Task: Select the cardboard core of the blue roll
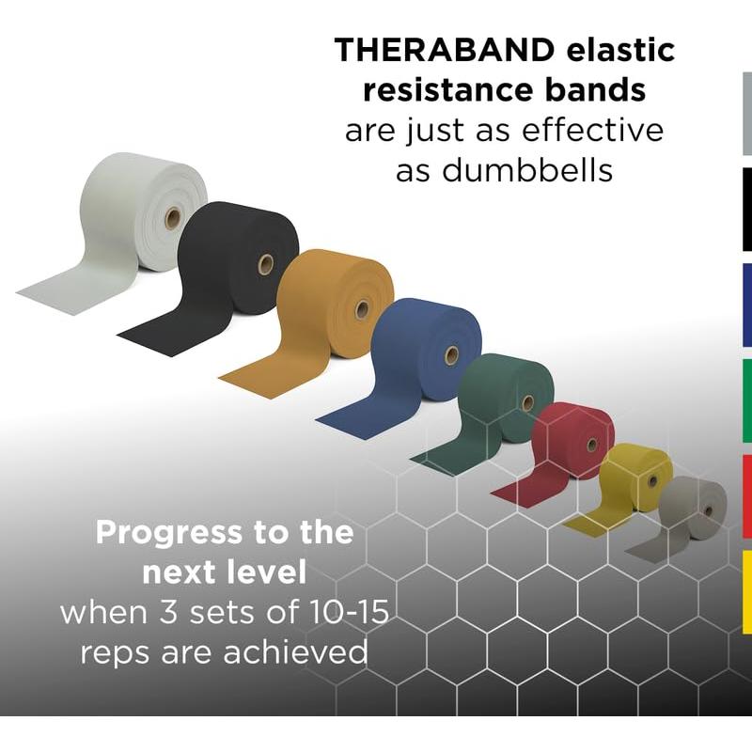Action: pos(451,355)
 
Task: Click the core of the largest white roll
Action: pos(172,220)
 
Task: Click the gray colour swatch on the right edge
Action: pos(746,113)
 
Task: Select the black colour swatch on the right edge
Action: pos(746,210)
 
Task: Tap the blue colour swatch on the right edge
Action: pos(746,305)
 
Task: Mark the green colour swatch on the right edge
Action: pos(746,399)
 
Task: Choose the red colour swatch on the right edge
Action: pos(746,495)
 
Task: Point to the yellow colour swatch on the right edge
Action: pos(746,591)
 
